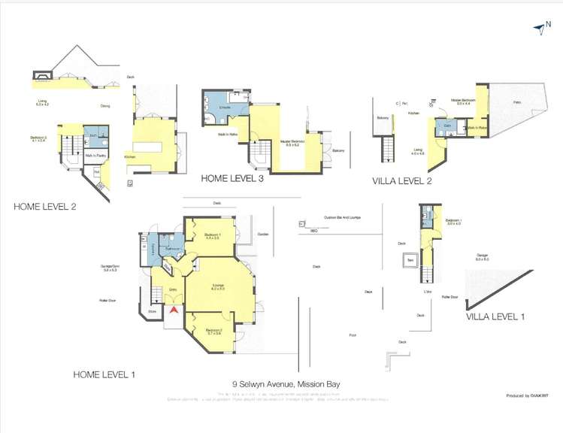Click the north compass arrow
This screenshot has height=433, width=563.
(538, 29)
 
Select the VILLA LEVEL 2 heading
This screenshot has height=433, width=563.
(407, 181)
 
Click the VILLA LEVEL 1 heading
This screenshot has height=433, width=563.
(495, 316)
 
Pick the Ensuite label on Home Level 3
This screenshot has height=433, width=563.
(224, 109)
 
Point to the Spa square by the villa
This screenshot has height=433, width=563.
(411, 262)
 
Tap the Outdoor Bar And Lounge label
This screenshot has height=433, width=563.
(343, 218)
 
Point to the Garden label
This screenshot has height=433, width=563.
(262, 234)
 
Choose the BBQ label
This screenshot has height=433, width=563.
(313, 231)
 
